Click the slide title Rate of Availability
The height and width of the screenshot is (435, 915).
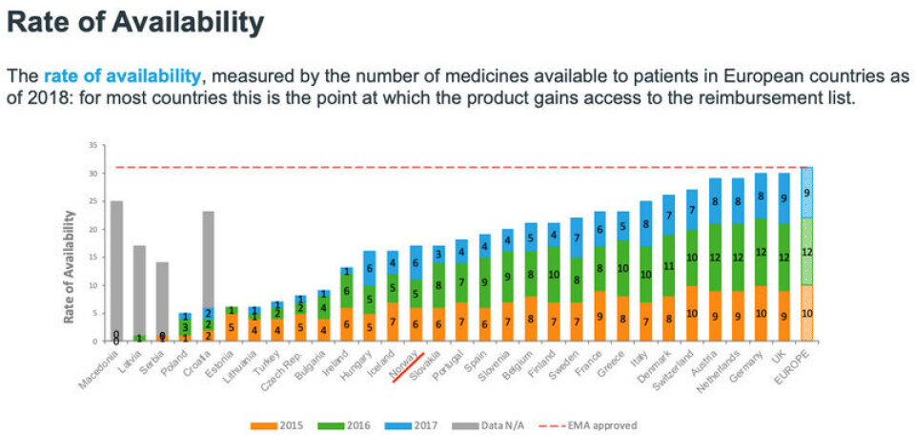(136, 22)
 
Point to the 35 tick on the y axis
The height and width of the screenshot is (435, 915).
(92, 146)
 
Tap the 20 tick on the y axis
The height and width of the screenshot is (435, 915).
(92, 229)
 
